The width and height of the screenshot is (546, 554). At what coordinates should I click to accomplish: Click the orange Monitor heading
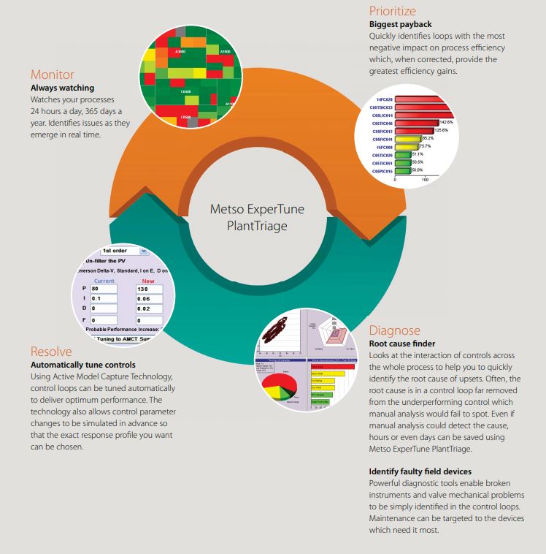point(52,75)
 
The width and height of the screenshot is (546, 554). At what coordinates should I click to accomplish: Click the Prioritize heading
point(392,11)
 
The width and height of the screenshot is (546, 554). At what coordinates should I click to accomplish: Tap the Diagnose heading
point(394,330)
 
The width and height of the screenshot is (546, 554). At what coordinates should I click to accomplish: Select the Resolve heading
point(51,352)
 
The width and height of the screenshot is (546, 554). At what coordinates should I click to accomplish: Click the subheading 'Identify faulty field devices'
point(420,471)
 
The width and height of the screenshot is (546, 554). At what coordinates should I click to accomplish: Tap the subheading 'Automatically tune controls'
point(82,365)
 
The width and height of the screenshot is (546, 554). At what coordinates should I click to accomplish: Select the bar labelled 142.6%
point(416,123)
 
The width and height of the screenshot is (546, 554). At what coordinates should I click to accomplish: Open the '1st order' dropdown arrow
point(144,251)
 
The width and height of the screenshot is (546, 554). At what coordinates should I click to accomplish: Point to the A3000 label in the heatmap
point(182,52)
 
